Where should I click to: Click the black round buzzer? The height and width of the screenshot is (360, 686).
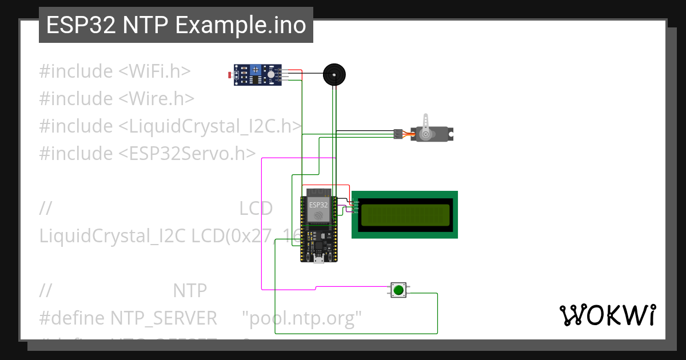pos(334,75)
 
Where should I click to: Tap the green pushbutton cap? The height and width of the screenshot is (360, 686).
pos(398,290)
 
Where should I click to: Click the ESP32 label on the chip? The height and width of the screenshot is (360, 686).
pos(318,204)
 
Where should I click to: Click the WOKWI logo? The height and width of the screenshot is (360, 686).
pos(607,315)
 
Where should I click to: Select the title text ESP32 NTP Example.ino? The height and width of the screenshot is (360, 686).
pos(176,25)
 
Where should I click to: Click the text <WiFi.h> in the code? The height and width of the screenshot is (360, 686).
pos(154,71)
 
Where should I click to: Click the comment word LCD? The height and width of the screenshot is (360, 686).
pos(256,209)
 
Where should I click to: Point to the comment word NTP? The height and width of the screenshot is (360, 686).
pos(190,291)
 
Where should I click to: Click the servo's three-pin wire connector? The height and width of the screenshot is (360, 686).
pos(397,134)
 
